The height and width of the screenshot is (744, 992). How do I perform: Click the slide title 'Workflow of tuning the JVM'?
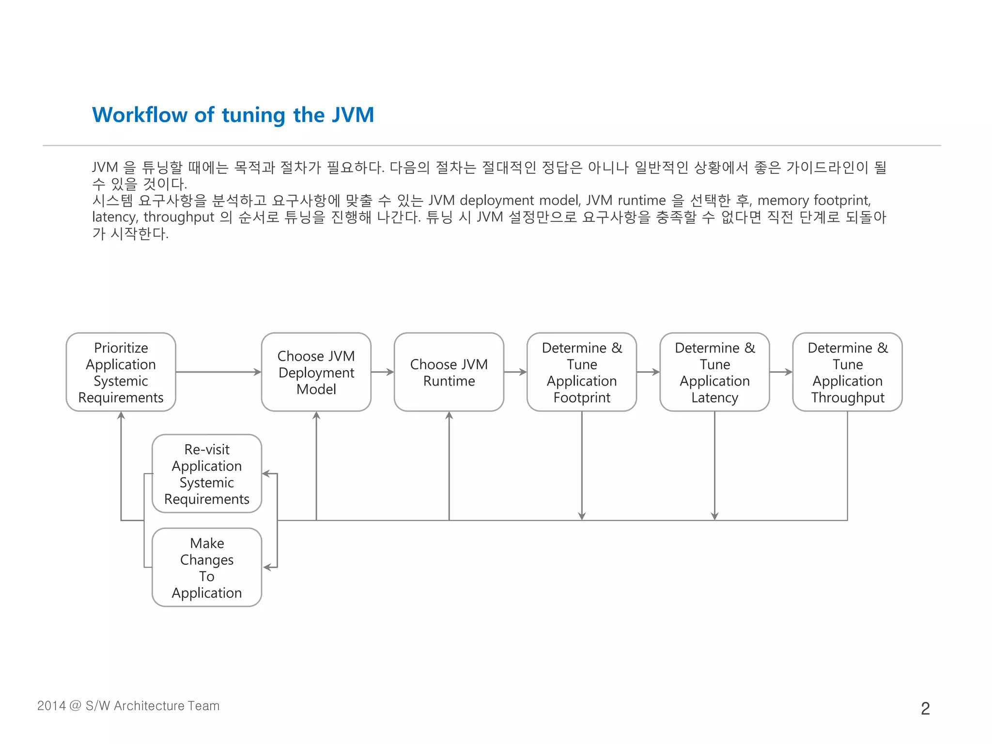click(x=233, y=115)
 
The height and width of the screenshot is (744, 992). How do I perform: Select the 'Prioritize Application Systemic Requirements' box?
click(x=121, y=372)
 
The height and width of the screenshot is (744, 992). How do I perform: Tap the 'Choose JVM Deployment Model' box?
click(x=316, y=372)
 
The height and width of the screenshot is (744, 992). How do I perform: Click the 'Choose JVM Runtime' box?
click(x=449, y=372)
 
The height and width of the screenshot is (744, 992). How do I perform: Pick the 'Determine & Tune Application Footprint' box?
click(x=581, y=372)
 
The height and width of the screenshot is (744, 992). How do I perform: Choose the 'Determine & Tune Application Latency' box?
click(x=714, y=372)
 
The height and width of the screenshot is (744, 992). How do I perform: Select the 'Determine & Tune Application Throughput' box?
click(x=847, y=372)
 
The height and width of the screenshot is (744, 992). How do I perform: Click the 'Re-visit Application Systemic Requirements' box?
click(x=207, y=474)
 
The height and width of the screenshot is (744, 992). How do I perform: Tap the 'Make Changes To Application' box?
click(x=207, y=567)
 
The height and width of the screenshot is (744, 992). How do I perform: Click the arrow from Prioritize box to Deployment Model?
click(x=218, y=372)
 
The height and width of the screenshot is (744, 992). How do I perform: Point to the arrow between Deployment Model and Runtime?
click(x=383, y=372)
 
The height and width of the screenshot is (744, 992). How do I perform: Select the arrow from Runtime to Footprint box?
click(x=515, y=372)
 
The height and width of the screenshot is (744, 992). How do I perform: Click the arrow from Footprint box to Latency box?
click(x=648, y=372)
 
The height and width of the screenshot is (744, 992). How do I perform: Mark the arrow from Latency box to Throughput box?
click(x=781, y=372)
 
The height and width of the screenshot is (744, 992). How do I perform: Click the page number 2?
click(x=925, y=709)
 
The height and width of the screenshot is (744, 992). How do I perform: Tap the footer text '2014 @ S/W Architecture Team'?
click(x=128, y=706)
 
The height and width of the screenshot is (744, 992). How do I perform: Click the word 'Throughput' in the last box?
click(x=848, y=398)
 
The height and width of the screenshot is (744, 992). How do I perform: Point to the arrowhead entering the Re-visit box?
click(x=266, y=474)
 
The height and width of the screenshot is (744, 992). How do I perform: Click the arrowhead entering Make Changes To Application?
click(x=267, y=567)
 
